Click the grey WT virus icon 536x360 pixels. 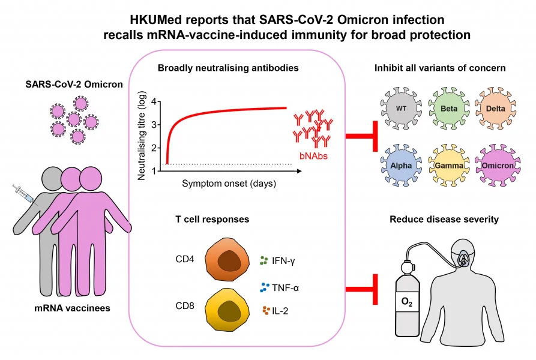tap(401, 109)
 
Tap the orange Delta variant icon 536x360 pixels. tap(492, 109)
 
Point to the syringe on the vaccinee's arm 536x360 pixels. tap(25, 196)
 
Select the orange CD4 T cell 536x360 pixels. tap(226, 262)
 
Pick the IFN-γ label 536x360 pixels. tap(286, 261)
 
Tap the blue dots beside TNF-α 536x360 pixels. tap(264, 287)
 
